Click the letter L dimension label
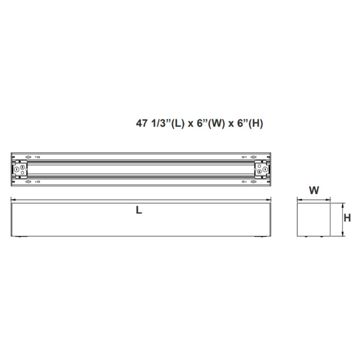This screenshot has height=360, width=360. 139,210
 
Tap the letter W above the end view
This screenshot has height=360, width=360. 314,190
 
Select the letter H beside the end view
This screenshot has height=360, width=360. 347,218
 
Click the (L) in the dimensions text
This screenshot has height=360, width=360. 177,123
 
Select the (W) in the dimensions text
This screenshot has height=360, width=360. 215,123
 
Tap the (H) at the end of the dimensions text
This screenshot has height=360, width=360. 254,123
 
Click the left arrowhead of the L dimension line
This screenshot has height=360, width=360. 13,200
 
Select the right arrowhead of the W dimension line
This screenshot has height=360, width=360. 330,200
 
